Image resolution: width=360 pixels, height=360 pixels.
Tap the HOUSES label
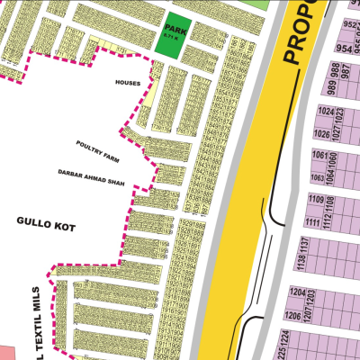[129, 83]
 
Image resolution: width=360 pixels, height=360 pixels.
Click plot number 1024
[327, 112]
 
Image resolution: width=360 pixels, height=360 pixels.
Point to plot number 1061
[320, 155]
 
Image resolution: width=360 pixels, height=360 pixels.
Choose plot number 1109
[316, 199]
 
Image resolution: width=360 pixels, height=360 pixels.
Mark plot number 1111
[315, 221]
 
